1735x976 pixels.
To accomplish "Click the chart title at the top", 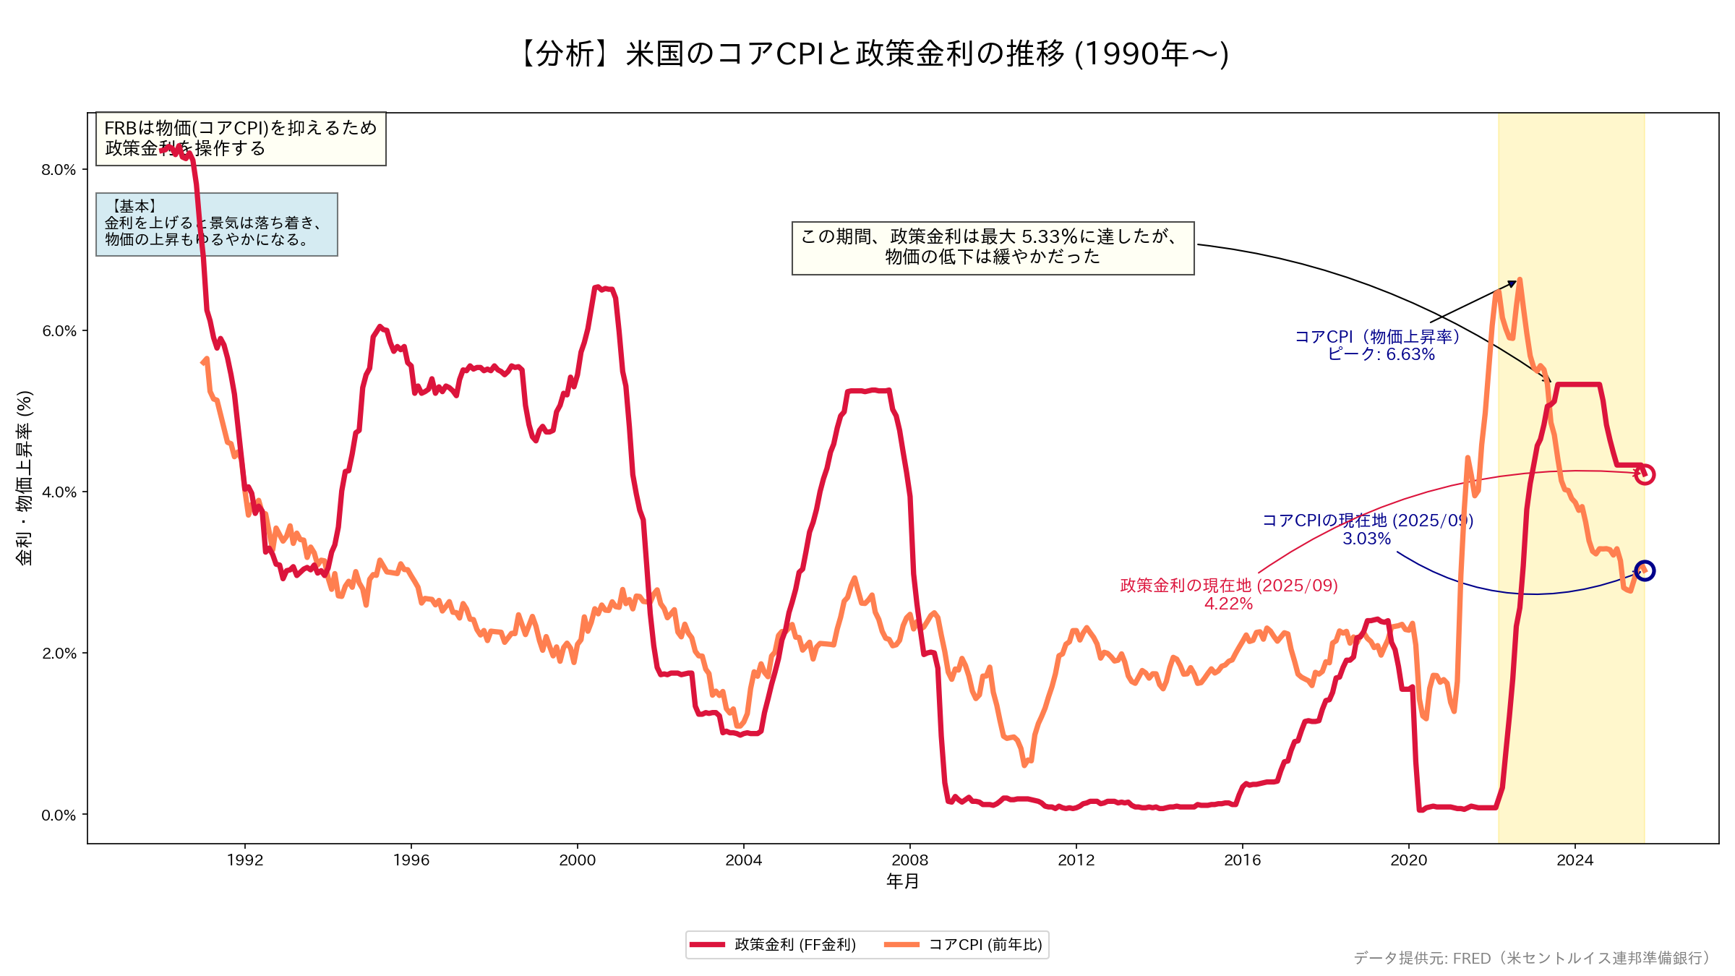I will coord(874,53).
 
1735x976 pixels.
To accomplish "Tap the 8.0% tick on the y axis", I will coord(59,170).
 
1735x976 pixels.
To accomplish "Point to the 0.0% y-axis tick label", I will coord(59,816).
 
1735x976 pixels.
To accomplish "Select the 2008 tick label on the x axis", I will coord(909,860).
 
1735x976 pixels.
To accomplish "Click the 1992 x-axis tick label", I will coord(245,860).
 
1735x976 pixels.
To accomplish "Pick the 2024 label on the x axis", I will coord(1575,860).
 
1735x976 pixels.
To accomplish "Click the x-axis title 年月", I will coord(902,881).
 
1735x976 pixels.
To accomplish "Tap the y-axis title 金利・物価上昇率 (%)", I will coord(25,478).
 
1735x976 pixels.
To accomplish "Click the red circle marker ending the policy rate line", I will coord(1644,475).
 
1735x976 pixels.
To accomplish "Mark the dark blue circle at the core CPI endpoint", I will coord(1645,571).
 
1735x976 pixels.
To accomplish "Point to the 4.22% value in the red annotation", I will coord(1228,604).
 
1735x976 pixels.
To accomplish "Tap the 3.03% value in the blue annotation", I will coord(1366,539).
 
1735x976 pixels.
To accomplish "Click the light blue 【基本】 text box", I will coord(216,224).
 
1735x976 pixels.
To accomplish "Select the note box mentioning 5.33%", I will coord(993,248).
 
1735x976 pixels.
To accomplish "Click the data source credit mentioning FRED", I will coord(1533,958).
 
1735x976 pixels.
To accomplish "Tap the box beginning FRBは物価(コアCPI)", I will coord(241,139).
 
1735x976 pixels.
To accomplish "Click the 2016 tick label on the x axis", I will coord(1242,860).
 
